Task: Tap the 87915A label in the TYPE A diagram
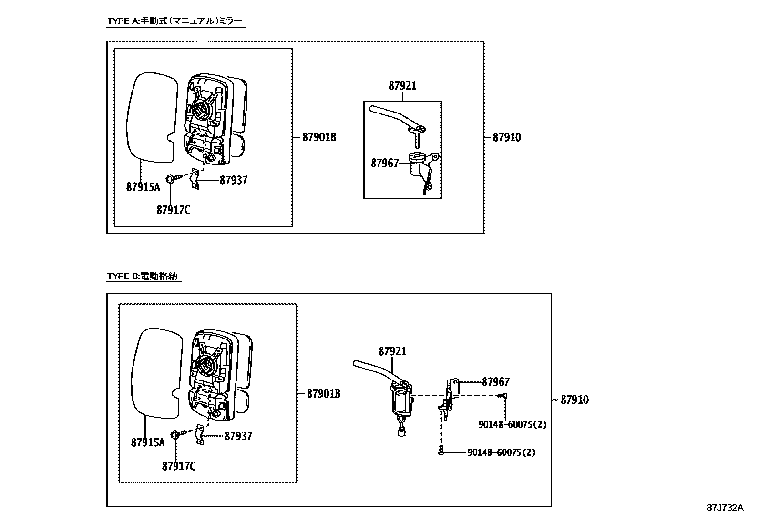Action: (143, 187)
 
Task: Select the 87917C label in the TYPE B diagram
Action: (178, 466)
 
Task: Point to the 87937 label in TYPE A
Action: (234, 180)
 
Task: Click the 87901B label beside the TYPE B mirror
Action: (324, 394)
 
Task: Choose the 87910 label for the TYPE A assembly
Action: (507, 138)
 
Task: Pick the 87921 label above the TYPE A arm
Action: (402, 86)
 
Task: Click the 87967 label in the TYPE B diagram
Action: (495, 382)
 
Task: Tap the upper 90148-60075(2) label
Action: (513, 424)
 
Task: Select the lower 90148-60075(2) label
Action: (501, 452)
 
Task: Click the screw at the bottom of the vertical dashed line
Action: (441, 450)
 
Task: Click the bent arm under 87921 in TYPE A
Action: (395, 117)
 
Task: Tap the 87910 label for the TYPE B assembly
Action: (574, 400)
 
